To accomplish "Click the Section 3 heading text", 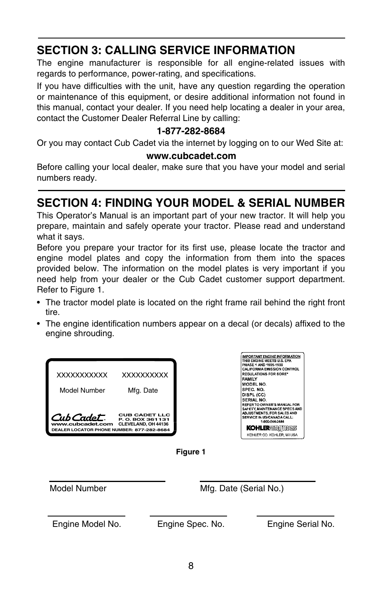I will (166, 50).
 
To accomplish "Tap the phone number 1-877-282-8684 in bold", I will (191, 131).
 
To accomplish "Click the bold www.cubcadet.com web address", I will (191, 156).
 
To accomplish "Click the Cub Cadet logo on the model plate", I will (78, 418).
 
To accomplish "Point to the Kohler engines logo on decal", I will (272, 428).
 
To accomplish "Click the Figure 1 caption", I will (191, 452).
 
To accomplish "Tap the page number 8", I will (191, 566).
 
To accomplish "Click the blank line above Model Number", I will (107, 481).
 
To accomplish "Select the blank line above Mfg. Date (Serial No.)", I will (257, 481).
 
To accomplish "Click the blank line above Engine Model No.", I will (86, 516).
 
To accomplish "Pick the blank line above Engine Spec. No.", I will (188, 516).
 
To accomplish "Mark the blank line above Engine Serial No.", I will (296, 516).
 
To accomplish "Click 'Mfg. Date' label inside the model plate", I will (143, 390).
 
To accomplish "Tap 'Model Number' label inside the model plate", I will (82, 390).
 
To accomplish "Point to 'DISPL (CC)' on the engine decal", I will (253, 395).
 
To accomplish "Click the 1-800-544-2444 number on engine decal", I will (272, 421).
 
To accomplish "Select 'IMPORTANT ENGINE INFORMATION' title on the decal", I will (271, 356).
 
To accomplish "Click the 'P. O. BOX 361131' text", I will (145, 420).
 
